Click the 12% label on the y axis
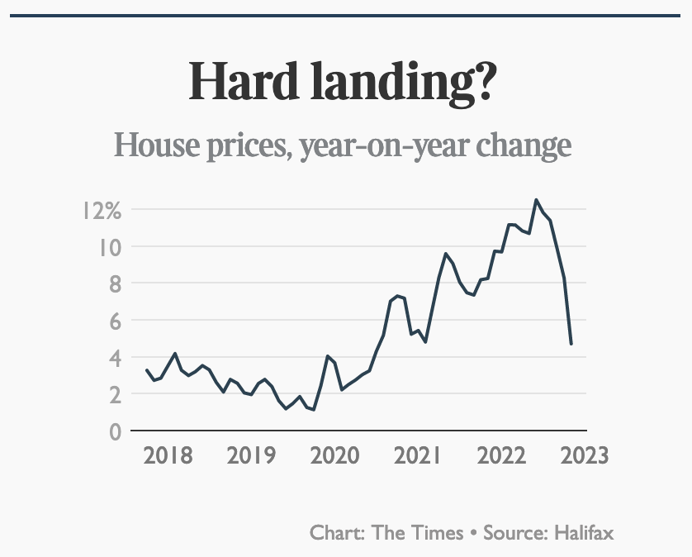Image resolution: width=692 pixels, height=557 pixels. point(102,211)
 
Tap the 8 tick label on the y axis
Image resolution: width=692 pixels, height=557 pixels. point(115,284)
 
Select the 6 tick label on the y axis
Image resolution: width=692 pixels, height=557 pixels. point(115,321)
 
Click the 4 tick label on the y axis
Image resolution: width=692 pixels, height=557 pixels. point(115,358)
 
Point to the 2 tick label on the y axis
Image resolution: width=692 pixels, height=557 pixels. point(115,395)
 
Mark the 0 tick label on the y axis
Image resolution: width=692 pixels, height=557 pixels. point(115,431)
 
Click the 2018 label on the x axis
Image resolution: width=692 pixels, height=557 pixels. point(168,455)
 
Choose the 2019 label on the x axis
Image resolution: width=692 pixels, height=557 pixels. point(251,455)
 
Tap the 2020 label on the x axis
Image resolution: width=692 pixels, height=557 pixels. point(334,455)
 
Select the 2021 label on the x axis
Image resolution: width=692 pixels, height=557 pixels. point(418,455)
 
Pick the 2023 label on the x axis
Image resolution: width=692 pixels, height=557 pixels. point(585,455)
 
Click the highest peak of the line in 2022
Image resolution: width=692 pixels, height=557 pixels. point(536,200)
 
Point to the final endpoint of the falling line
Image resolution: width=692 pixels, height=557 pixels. point(571,344)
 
